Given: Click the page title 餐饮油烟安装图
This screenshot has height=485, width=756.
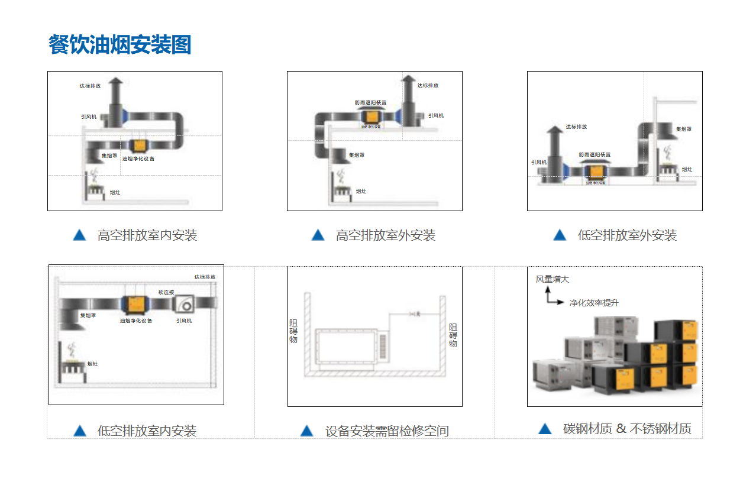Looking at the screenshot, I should click(x=120, y=45).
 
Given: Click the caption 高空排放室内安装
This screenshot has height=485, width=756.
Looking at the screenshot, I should click(x=147, y=235).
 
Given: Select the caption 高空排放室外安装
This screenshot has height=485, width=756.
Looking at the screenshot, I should click(x=385, y=235).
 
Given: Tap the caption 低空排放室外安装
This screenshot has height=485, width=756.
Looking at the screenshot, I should click(x=626, y=235).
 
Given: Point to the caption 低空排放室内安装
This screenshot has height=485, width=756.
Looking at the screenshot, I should click(x=147, y=431).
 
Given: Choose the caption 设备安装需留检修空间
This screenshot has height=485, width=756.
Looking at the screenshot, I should click(x=387, y=431).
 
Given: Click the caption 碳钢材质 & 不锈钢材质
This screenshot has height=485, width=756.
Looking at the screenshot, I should click(x=627, y=429).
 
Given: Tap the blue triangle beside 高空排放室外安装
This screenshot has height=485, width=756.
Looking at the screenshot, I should click(x=318, y=235).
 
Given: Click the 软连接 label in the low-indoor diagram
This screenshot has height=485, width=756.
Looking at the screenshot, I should click(x=166, y=292).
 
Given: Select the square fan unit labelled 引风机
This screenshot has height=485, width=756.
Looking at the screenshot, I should click(x=185, y=304).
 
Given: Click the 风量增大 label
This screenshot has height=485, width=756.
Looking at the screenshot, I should click(x=552, y=279).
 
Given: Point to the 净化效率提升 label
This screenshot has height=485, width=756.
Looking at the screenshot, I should click(x=594, y=303).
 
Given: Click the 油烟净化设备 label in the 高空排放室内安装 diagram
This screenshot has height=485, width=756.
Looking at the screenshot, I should click(x=138, y=159).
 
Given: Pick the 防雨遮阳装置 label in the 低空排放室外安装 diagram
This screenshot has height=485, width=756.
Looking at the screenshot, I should click(x=595, y=155).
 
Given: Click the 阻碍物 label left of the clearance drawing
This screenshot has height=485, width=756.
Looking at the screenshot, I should click(x=293, y=331).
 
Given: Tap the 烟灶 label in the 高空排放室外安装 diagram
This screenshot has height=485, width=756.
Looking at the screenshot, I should click(x=361, y=192).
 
